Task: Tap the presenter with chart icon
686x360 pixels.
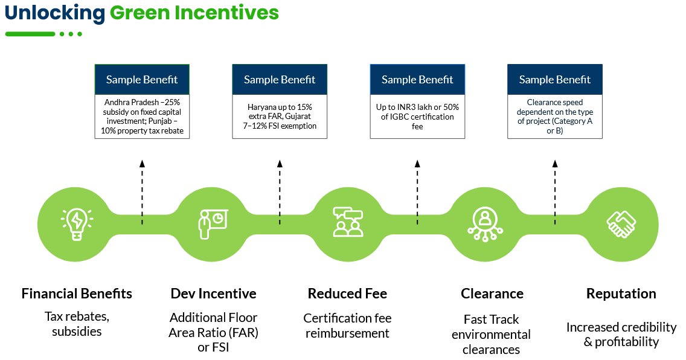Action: tap(213, 224)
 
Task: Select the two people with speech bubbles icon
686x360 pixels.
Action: tap(348, 222)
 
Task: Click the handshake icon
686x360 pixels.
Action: tap(621, 225)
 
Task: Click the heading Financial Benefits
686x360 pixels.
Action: tap(77, 294)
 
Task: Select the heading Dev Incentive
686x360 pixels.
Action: tap(214, 294)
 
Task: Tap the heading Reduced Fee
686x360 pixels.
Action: tap(347, 294)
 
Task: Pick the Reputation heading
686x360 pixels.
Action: tap(621, 294)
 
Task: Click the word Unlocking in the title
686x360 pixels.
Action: tap(55, 13)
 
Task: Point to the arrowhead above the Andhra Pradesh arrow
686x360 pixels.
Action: tap(142, 164)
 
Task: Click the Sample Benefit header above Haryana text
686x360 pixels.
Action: tap(280, 80)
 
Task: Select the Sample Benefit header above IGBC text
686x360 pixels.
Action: tap(417, 80)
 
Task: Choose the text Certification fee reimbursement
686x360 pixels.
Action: tap(347, 326)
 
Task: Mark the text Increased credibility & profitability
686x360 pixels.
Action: tap(621, 334)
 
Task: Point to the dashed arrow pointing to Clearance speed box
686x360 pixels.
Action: tap(555, 193)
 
